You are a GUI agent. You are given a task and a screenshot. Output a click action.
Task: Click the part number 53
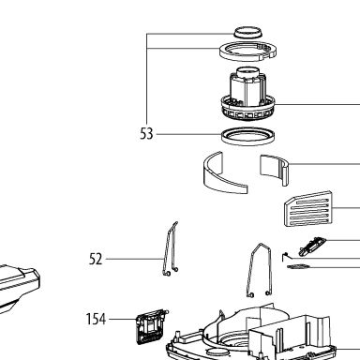point(146,134)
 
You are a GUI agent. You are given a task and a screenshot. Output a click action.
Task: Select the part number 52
point(96,259)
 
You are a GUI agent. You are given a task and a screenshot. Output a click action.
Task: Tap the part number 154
point(96,319)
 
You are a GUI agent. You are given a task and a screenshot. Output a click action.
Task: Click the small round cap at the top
point(247,32)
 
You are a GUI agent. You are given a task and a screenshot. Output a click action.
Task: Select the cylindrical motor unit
point(248,94)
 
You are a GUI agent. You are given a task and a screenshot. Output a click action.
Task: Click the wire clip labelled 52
point(171,250)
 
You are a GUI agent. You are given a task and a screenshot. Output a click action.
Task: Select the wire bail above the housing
point(260,269)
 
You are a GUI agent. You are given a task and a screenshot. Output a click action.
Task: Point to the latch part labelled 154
point(151,326)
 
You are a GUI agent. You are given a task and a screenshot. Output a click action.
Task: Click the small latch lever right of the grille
point(312,247)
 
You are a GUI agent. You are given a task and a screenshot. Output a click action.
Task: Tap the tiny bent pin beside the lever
point(286,256)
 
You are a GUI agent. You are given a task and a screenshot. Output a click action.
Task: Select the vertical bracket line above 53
point(147,79)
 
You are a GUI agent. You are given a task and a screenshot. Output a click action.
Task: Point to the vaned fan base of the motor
point(248,110)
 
